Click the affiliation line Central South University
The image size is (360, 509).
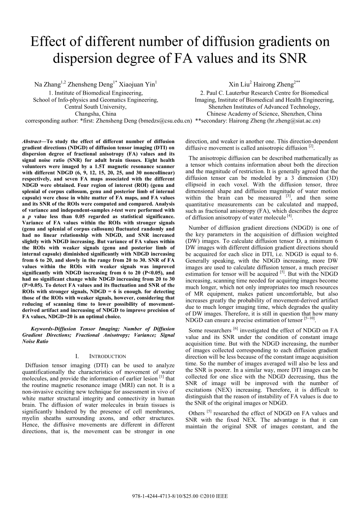(95, 107)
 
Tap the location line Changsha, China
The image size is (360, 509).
(95, 114)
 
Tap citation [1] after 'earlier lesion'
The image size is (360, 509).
(161, 377)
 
